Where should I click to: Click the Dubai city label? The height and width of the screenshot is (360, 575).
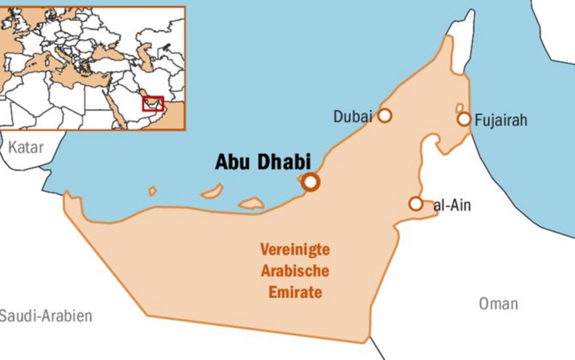pos(352,116)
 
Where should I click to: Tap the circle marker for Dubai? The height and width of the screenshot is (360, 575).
pos(384,115)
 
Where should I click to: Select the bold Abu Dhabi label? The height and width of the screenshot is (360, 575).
pos(263,162)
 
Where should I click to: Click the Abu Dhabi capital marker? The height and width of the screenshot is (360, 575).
pos(310,182)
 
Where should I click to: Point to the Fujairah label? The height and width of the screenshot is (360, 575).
pos(501,120)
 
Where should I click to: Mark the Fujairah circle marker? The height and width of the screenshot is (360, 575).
pos(464,119)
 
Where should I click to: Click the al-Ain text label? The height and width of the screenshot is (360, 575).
pos(452,205)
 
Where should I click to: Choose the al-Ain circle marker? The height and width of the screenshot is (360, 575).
pos(416,203)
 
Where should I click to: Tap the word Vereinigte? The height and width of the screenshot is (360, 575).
pos(295,249)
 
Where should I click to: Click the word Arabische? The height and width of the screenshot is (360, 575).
pos(295,271)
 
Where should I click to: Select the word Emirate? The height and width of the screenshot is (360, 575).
pos(295,292)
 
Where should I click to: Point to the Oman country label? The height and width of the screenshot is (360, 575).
pos(498,304)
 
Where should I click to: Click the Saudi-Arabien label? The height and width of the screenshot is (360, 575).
pos(45,316)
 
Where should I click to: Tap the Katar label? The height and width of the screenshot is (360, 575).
pos(25,147)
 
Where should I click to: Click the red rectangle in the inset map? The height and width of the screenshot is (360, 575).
pos(153,104)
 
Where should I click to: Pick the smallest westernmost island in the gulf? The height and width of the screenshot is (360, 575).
pos(152,191)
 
